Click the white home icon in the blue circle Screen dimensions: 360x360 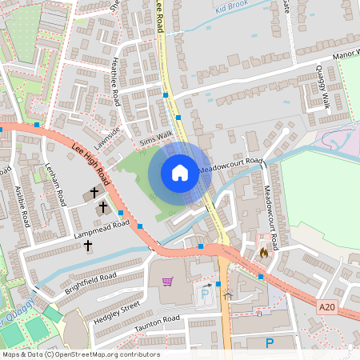tap(180, 172)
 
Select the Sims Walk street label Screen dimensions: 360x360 tap(156, 141)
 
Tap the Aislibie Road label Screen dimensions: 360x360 tap(22, 207)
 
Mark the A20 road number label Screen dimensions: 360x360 tap(327, 306)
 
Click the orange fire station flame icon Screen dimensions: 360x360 tap(263, 252)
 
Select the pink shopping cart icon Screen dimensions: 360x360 tap(167, 282)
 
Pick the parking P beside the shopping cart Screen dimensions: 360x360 tap(205, 294)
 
